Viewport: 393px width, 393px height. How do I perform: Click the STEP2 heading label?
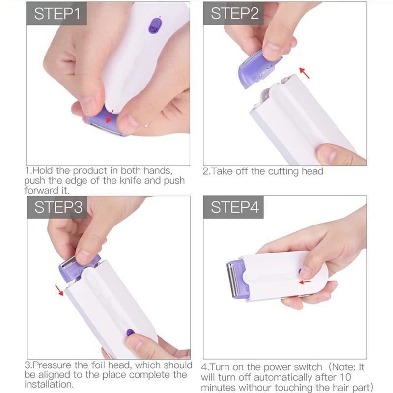coord(234,14)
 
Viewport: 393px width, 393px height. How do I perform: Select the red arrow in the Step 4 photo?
coord(305,282)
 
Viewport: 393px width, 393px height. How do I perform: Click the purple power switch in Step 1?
coord(155,25)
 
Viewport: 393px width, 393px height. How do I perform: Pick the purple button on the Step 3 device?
coord(130,332)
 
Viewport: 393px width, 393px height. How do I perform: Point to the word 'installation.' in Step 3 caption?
coord(49,384)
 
